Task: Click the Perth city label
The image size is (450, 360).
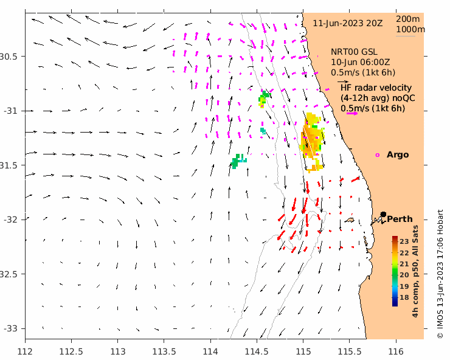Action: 400,219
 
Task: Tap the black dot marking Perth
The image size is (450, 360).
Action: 384,214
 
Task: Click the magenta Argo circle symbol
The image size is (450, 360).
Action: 378,155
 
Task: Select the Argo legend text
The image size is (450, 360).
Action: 398,155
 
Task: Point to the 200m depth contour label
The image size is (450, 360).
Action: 410,19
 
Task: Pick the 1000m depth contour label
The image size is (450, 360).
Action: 410,29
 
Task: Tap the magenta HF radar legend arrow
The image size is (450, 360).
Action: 351,111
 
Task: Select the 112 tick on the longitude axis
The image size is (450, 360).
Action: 26,351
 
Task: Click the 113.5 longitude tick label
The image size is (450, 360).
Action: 164,351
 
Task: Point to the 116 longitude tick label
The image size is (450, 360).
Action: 396,351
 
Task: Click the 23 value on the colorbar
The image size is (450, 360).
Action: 404,242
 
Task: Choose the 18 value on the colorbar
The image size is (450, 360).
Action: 404,297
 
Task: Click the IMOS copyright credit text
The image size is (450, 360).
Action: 440,274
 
